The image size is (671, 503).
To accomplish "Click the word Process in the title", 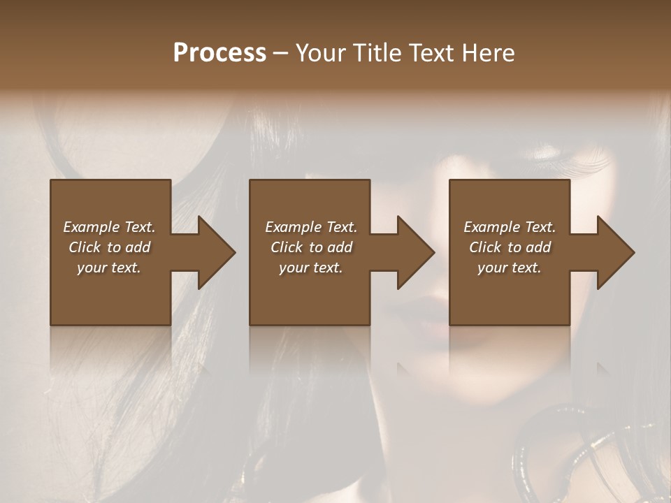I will (x=219, y=52).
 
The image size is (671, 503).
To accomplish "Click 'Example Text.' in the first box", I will (x=109, y=227).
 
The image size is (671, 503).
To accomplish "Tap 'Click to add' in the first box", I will (x=109, y=247).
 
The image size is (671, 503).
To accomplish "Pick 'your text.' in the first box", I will (x=109, y=268).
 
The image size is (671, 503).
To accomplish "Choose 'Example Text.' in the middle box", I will (x=310, y=227).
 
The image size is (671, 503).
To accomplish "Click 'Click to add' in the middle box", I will (x=310, y=247).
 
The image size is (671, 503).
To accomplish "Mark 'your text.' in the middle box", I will (x=310, y=268).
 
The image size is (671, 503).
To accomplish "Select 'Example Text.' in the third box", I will (x=510, y=227).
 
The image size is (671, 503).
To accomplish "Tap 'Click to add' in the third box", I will (x=510, y=247).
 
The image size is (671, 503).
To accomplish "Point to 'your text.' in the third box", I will (x=510, y=268).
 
